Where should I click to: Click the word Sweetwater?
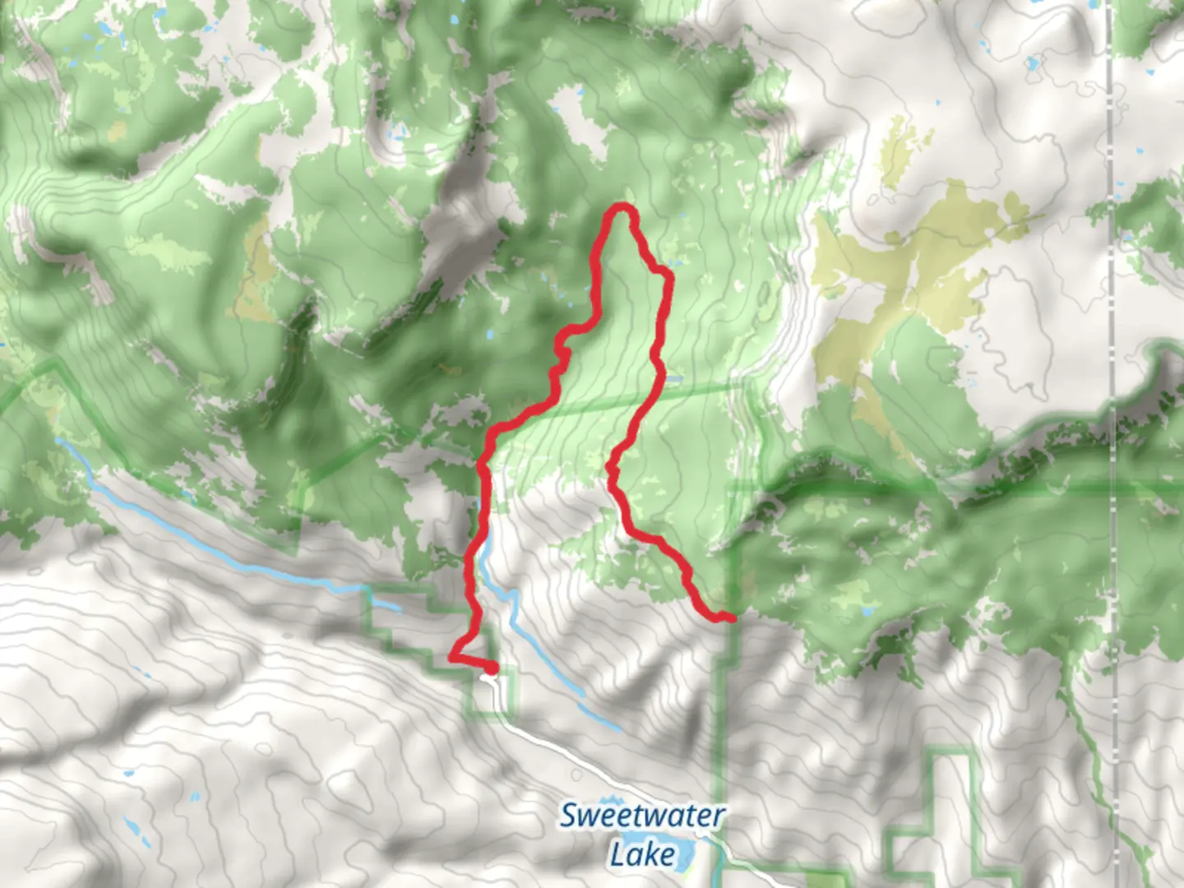[x=642, y=816]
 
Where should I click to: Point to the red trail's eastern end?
[x=730, y=617]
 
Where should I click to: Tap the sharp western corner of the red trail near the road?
[x=451, y=657]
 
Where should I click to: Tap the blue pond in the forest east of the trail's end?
[x=865, y=613]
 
